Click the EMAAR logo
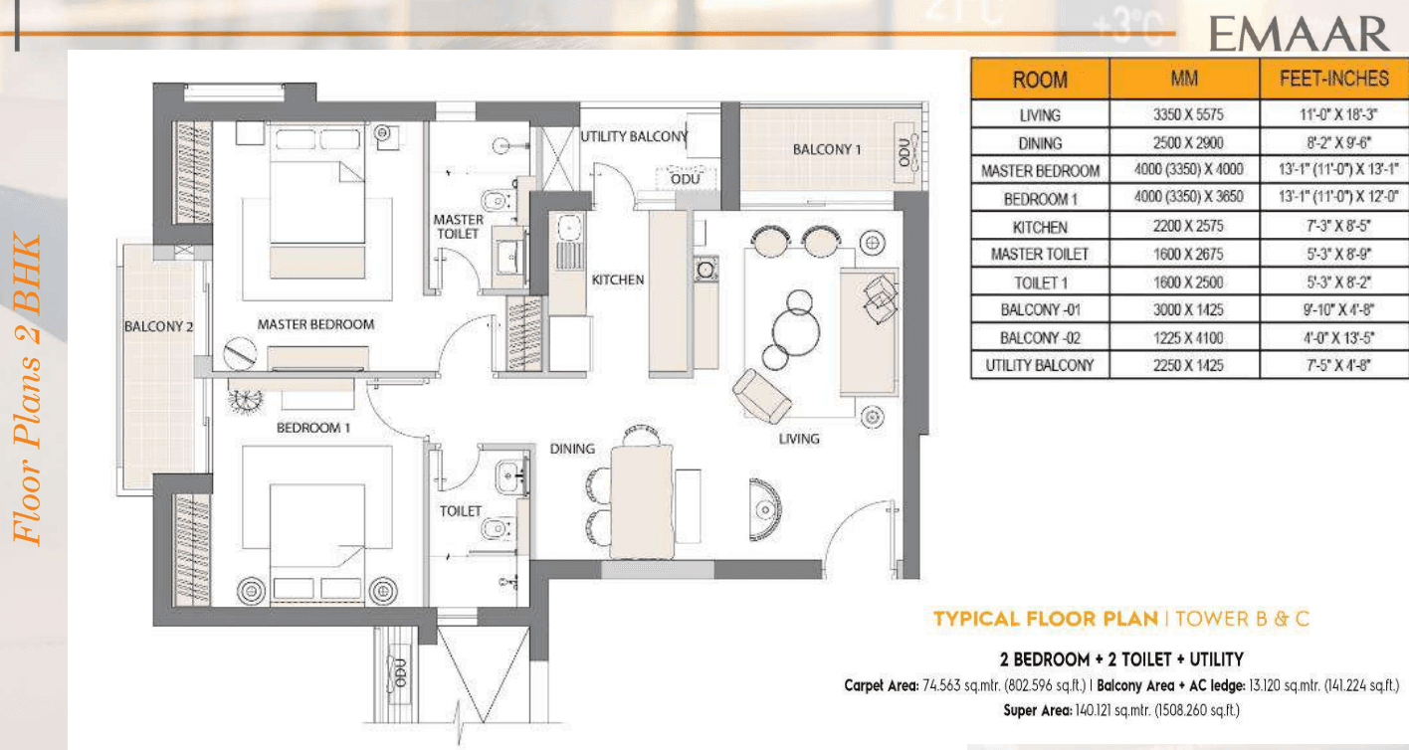click(x=1299, y=34)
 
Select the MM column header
click(x=1184, y=79)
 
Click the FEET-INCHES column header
click(x=1334, y=79)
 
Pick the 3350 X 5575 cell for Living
click(x=1188, y=114)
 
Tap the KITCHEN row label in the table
click(x=1040, y=227)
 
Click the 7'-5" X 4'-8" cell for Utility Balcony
click(x=1337, y=365)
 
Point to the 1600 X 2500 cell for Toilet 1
click(x=1188, y=282)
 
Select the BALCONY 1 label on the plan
click(x=827, y=149)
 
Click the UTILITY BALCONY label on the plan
click(x=634, y=136)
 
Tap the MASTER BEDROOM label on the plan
click(x=315, y=324)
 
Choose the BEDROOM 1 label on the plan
click(x=313, y=428)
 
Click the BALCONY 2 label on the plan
click(x=158, y=326)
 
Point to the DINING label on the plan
click(x=572, y=449)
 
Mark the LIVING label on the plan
click(x=799, y=439)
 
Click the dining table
click(x=642, y=501)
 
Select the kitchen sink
click(x=570, y=228)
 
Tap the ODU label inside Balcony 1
click(x=904, y=152)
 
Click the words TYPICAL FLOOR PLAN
click(x=1046, y=620)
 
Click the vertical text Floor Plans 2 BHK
click(x=27, y=389)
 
